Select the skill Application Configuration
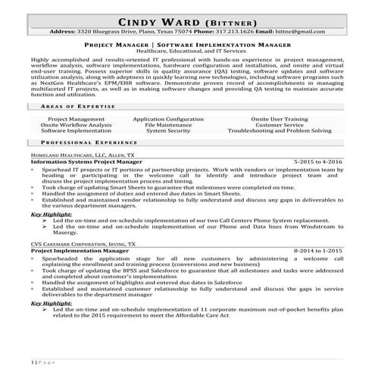(168, 119)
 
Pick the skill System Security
(168, 130)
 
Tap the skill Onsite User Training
(281, 119)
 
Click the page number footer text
(44, 361)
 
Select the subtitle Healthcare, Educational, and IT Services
(187, 52)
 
